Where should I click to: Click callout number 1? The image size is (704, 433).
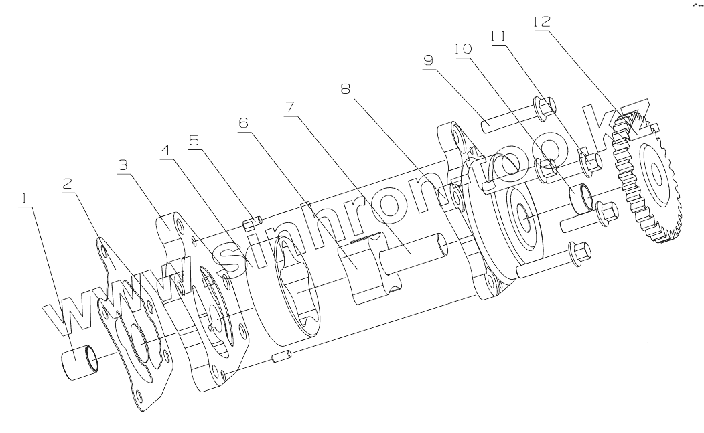24,198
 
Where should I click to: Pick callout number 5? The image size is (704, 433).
194,141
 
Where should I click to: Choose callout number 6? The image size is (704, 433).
242,122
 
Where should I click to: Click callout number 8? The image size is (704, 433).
346,89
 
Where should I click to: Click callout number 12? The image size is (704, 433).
541,21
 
